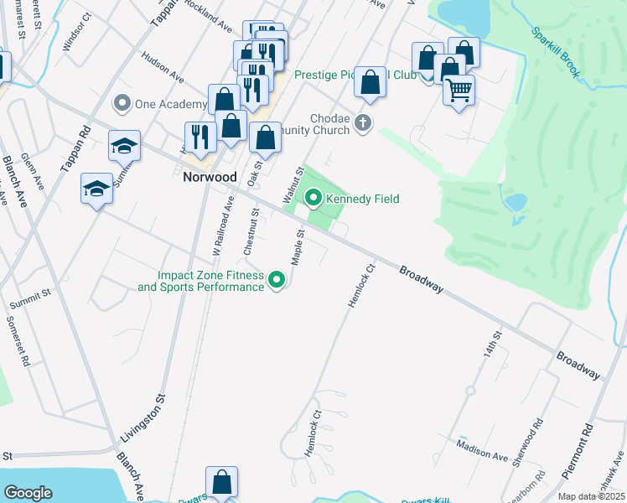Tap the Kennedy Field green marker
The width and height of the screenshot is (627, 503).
point(313,199)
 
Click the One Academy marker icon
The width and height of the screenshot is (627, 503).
point(122,104)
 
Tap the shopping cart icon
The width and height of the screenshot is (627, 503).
point(459,90)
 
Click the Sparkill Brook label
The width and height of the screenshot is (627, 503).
point(555,52)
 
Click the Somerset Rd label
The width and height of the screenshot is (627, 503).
point(18,340)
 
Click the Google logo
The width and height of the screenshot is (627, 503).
point(28,492)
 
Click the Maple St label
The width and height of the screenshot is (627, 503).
point(296,248)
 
